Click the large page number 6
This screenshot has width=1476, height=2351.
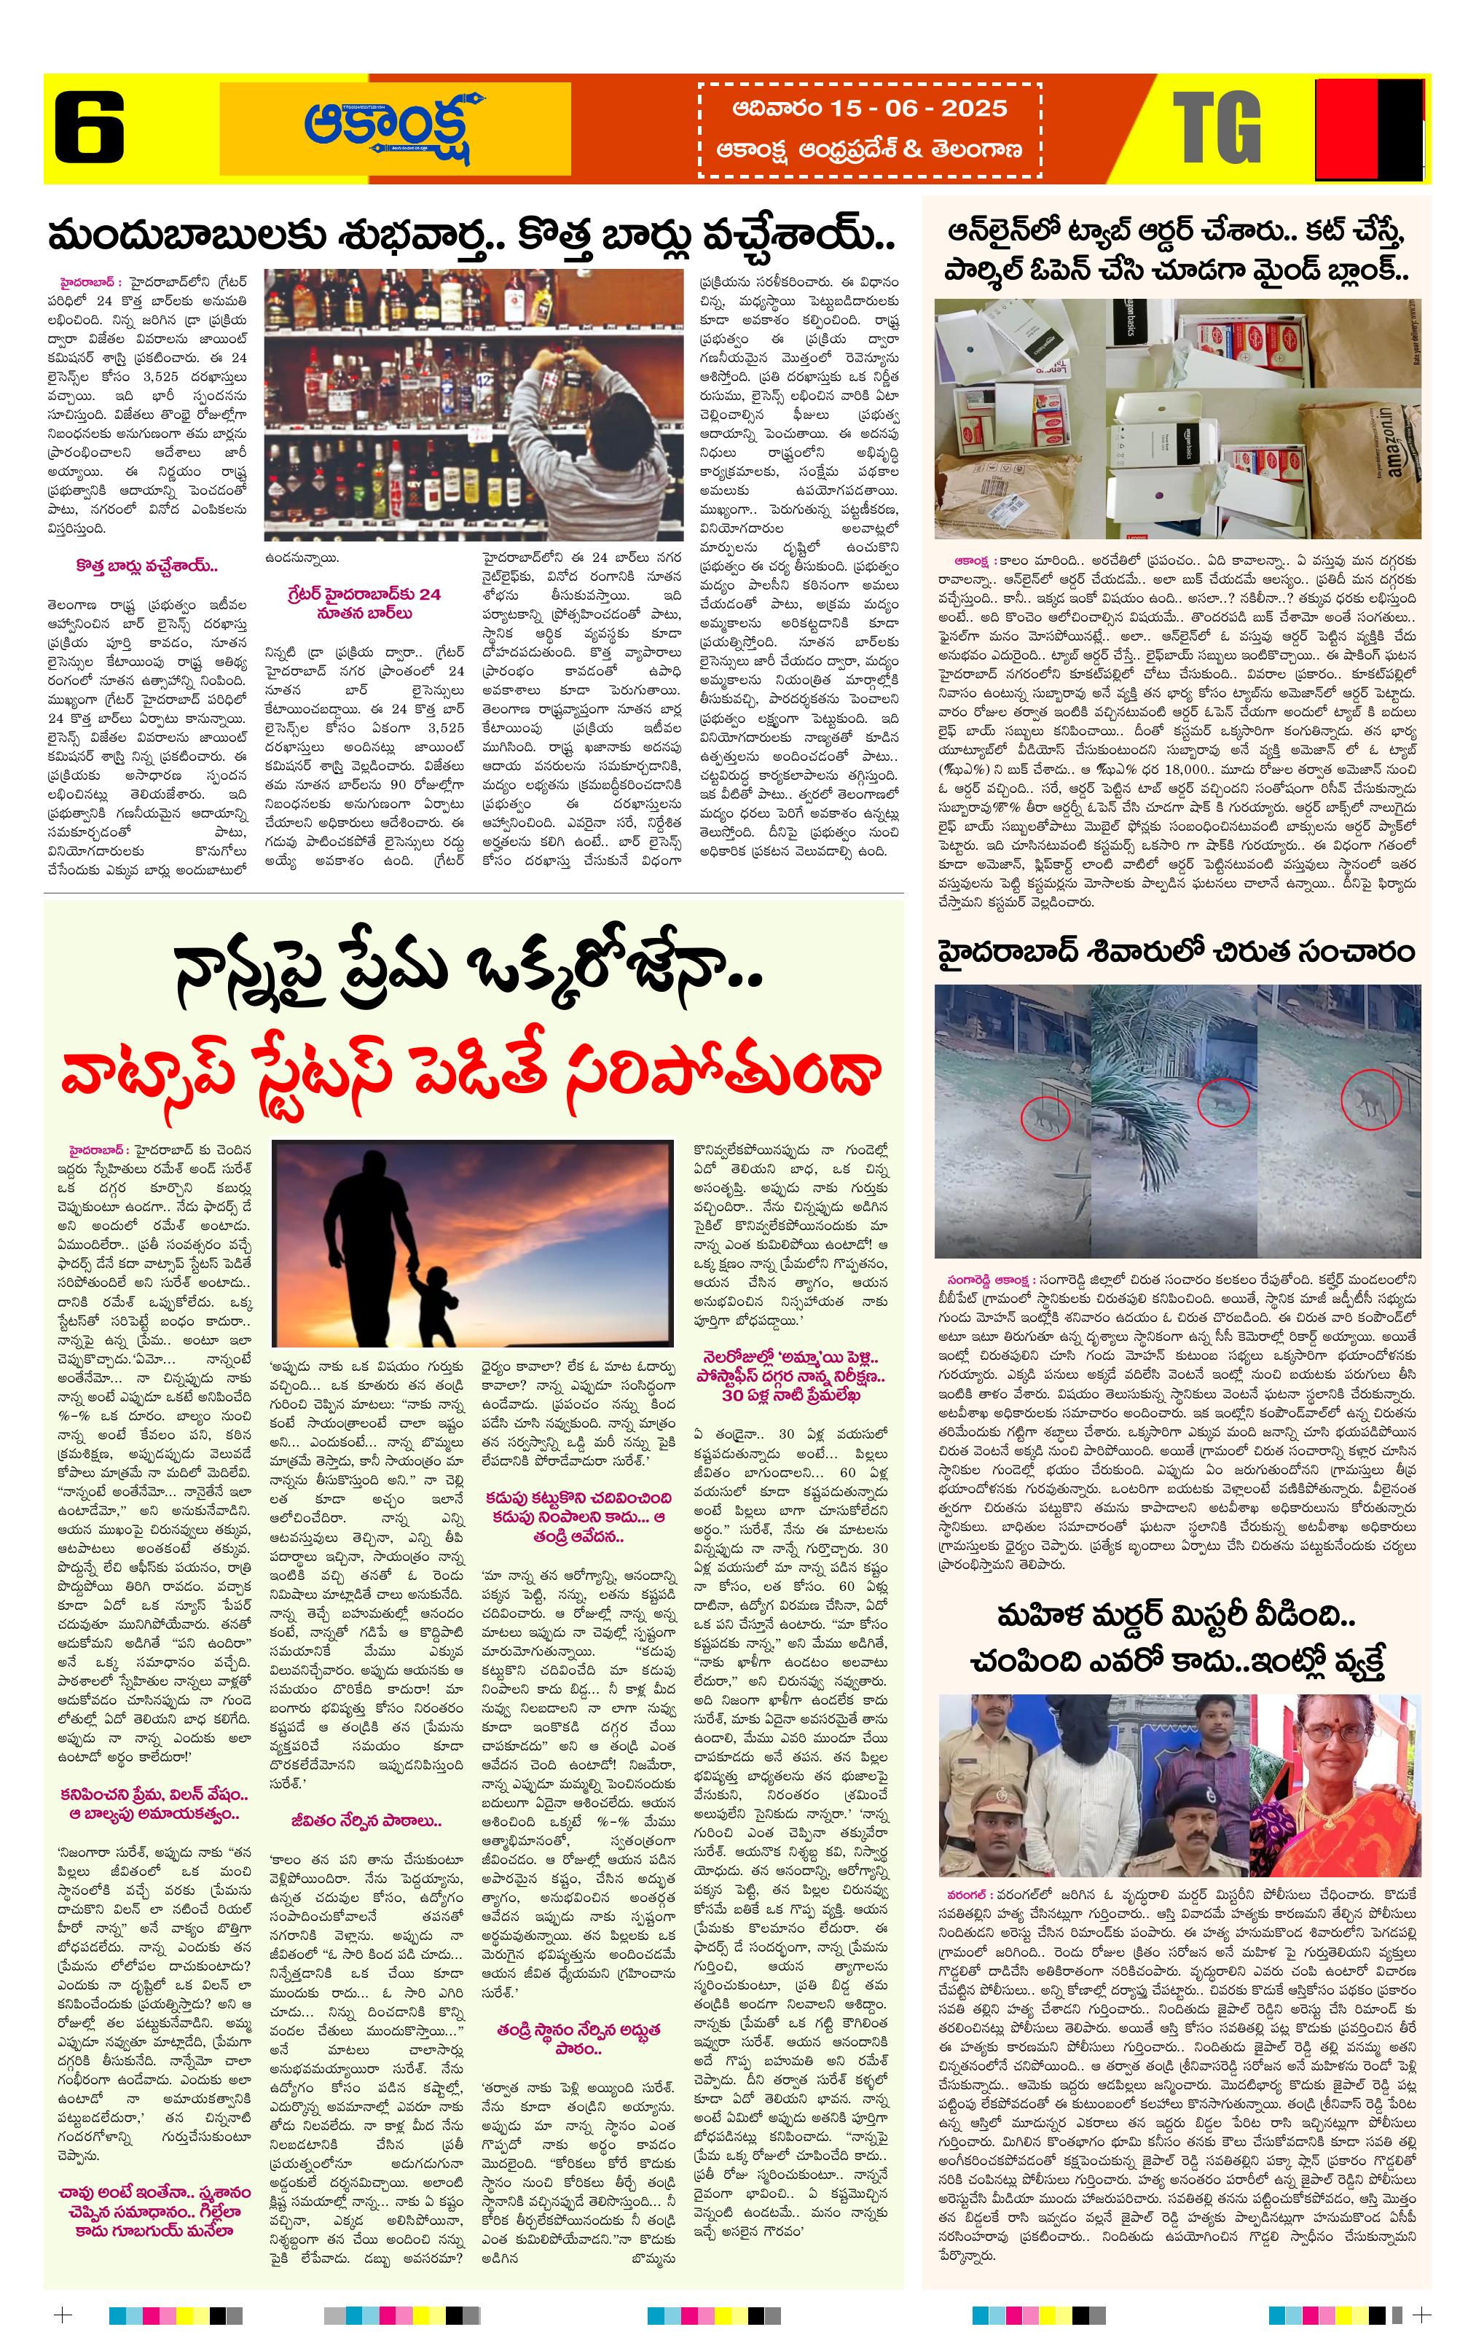(x=89, y=127)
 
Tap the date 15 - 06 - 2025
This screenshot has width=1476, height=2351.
(x=870, y=109)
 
